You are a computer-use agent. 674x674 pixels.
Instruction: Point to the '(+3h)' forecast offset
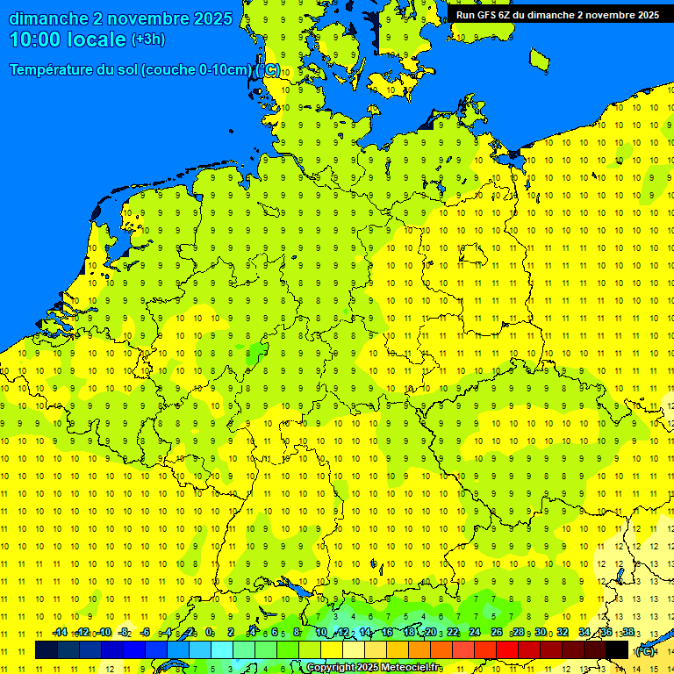(147, 39)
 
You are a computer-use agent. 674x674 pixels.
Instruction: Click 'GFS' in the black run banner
(489, 15)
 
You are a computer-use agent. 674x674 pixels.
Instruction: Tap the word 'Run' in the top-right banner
(466, 15)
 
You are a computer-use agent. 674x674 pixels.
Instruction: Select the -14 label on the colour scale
(60, 633)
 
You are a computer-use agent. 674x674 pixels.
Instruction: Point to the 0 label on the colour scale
(209, 633)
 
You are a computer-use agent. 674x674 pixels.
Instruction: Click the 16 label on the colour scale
(387, 633)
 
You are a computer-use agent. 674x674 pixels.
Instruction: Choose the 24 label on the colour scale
(475, 633)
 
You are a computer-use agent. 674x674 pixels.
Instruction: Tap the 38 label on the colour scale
(628, 633)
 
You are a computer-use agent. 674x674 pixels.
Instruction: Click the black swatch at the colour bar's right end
(617, 649)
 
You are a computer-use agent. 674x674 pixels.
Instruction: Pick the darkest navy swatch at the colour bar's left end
(47, 649)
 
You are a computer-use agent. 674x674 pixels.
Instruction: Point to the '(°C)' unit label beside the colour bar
(645, 650)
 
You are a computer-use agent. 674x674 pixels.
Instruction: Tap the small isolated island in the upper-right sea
(540, 59)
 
